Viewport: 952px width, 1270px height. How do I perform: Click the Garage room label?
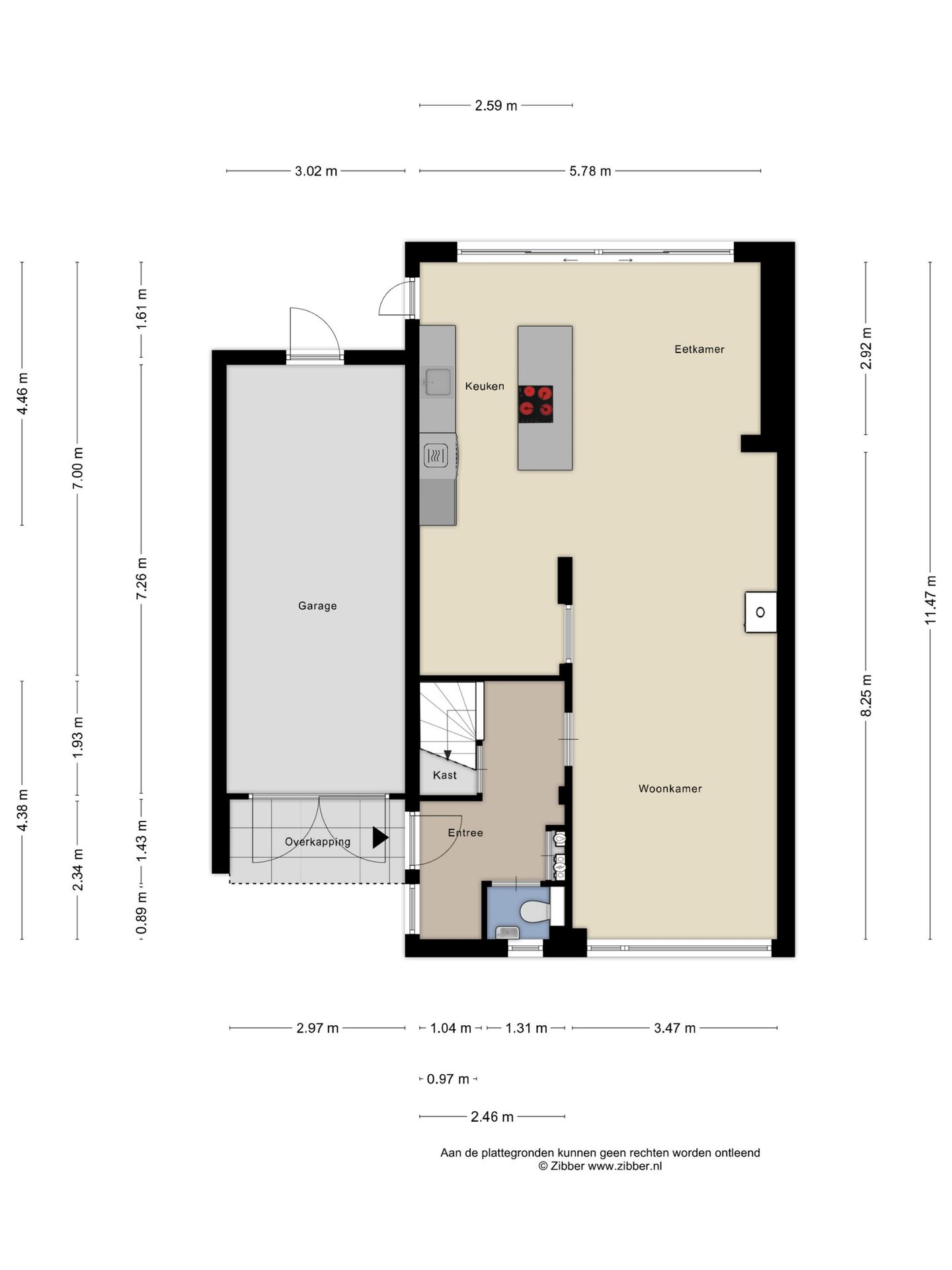pos(317,606)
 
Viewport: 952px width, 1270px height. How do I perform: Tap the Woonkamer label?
pos(670,788)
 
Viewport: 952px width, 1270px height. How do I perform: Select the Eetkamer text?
pos(699,349)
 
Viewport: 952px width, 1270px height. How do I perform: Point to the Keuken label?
pos(485,386)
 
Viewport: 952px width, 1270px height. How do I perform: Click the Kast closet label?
pos(445,775)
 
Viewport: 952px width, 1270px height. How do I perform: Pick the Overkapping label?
pos(317,842)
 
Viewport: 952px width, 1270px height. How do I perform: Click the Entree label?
pos(465,833)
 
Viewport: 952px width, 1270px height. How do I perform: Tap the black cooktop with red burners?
pos(535,404)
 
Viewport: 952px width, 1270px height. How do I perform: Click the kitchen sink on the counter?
pos(436,382)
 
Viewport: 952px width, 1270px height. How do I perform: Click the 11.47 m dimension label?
pos(931,600)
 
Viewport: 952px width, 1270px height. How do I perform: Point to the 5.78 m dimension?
pos(590,171)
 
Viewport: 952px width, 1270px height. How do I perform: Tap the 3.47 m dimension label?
pos(675,1028)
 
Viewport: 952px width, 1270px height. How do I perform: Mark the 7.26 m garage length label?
pos(141,579)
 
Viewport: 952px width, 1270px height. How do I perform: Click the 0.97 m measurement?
pos(448,1079)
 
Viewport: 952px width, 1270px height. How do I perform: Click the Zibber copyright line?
pos(600,1166)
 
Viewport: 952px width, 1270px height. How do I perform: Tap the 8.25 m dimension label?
pos(867,695)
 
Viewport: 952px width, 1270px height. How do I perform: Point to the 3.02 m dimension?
pos(316,171)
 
